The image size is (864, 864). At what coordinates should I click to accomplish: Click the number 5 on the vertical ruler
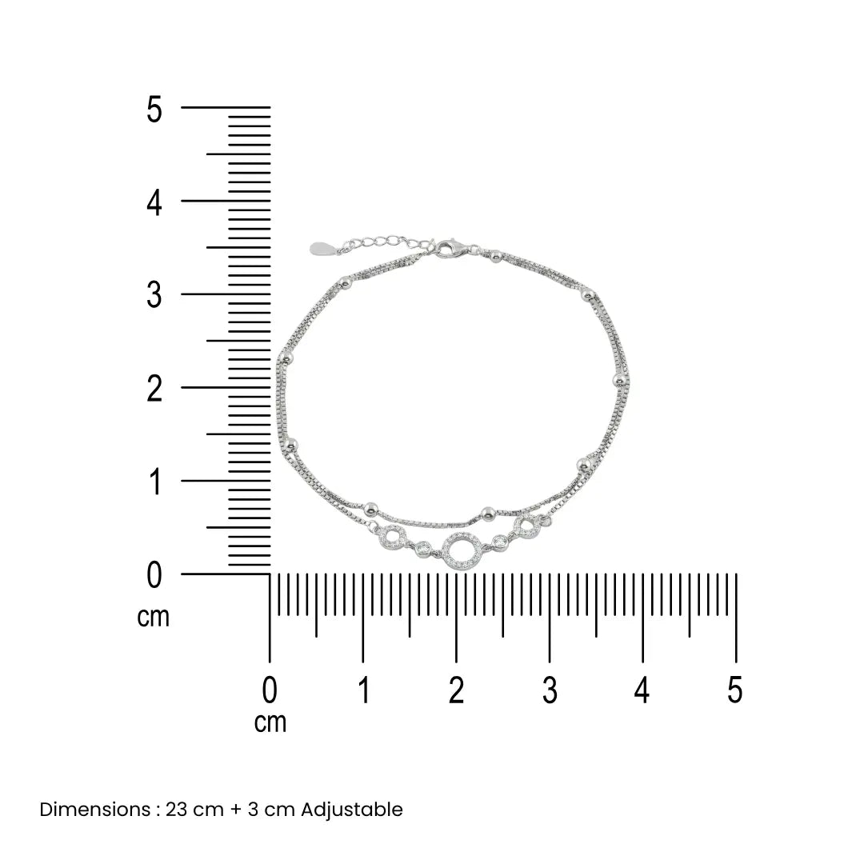154,109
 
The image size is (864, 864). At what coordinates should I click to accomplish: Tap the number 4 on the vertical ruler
154,202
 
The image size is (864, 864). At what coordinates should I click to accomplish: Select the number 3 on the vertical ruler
154,295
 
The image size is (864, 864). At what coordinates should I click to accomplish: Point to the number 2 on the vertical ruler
154,389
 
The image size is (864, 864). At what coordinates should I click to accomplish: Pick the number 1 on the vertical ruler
155,482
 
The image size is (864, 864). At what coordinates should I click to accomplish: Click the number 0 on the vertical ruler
154,575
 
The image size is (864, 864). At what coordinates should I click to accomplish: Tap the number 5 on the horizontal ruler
735,690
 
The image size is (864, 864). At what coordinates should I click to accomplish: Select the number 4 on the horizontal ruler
642,690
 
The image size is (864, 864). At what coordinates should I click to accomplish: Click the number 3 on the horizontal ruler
550,690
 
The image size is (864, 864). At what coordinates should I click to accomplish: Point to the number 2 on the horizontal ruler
456,690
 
